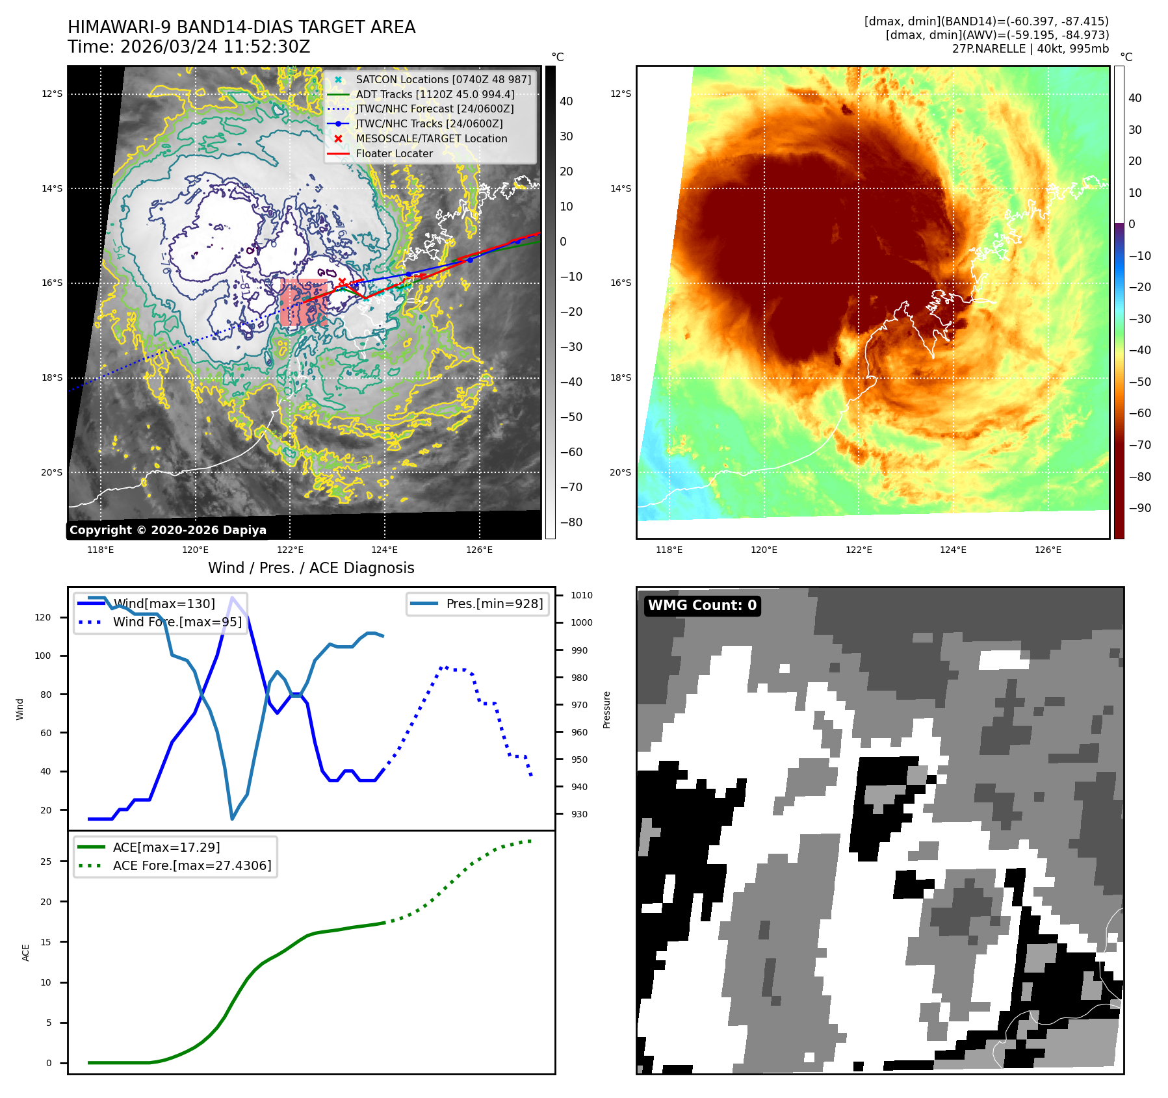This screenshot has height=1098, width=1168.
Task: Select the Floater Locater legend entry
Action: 394,153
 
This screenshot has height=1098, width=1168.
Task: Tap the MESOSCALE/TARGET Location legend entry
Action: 431,138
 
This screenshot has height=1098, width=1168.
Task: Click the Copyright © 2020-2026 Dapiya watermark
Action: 168,530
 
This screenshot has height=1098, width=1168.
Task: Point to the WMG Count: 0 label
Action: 702,606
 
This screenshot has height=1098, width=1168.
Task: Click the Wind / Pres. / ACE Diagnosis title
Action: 311,568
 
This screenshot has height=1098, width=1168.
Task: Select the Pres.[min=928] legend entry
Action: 494,604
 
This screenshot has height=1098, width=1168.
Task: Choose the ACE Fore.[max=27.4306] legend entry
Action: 192,865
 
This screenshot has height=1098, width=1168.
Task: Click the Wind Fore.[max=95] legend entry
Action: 177,622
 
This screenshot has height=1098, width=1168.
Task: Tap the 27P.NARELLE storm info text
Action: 1030,49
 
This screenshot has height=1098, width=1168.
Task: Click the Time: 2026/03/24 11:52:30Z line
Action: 189,47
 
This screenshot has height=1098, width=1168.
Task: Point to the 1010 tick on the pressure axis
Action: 581,595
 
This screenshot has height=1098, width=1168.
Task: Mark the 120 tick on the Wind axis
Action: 43,617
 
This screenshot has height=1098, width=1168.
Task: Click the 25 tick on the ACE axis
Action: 45,862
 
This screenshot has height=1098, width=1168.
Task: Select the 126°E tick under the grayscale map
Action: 479,550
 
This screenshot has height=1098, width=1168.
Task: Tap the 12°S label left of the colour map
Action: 620,94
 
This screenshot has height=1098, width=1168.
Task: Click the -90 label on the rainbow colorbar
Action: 1139,508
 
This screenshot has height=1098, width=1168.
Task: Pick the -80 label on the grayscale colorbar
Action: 571,522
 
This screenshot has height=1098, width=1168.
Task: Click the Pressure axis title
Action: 606,709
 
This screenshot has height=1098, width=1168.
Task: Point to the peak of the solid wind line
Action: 232,598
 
